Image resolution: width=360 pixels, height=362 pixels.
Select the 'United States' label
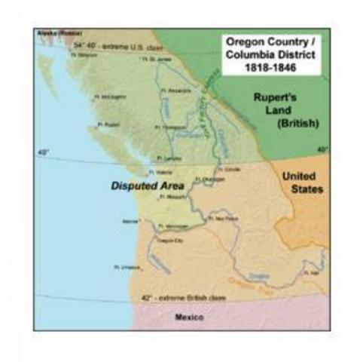302,182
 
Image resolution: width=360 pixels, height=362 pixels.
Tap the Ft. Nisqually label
173,197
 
